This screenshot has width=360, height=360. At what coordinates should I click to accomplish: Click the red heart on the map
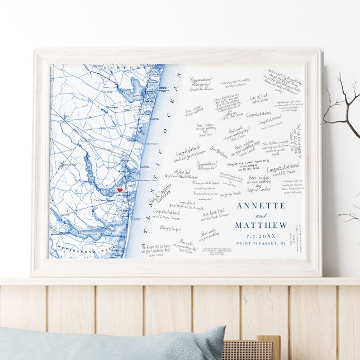pyautogui.click(x=119, y=191)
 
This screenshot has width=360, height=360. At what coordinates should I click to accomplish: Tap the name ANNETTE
pyautogui.click(x=260, y=205)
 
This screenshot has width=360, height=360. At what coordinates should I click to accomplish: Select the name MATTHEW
pyautogui.click(x=260, y=225)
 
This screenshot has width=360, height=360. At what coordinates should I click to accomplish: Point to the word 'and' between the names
pyautogui.click(x=260, y=215)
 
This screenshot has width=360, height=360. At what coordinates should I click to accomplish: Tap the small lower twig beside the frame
pyautogui.click(x=349, y=215)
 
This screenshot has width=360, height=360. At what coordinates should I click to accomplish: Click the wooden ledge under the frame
pyautogui.click(x=180, y=282)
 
